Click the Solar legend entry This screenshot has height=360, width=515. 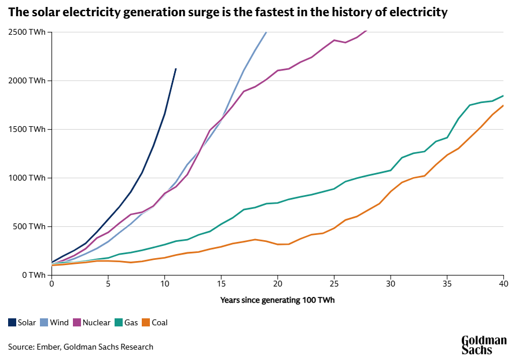22,322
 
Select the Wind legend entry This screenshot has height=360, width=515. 55,322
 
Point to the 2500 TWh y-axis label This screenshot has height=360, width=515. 27,32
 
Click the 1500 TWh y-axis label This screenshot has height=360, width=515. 27,129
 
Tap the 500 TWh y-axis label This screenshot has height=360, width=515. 29,226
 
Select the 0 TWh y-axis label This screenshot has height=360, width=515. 34,275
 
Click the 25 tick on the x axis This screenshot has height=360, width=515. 334,284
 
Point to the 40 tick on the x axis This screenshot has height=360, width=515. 503,284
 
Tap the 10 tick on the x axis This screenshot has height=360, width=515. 164,284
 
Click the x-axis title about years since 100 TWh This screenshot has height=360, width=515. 277,300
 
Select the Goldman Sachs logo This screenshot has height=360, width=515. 484,345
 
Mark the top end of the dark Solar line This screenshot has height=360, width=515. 176,69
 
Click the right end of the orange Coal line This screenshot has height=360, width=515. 503,105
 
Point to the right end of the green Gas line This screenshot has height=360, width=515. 503,95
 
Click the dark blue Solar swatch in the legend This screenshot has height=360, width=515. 12,322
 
